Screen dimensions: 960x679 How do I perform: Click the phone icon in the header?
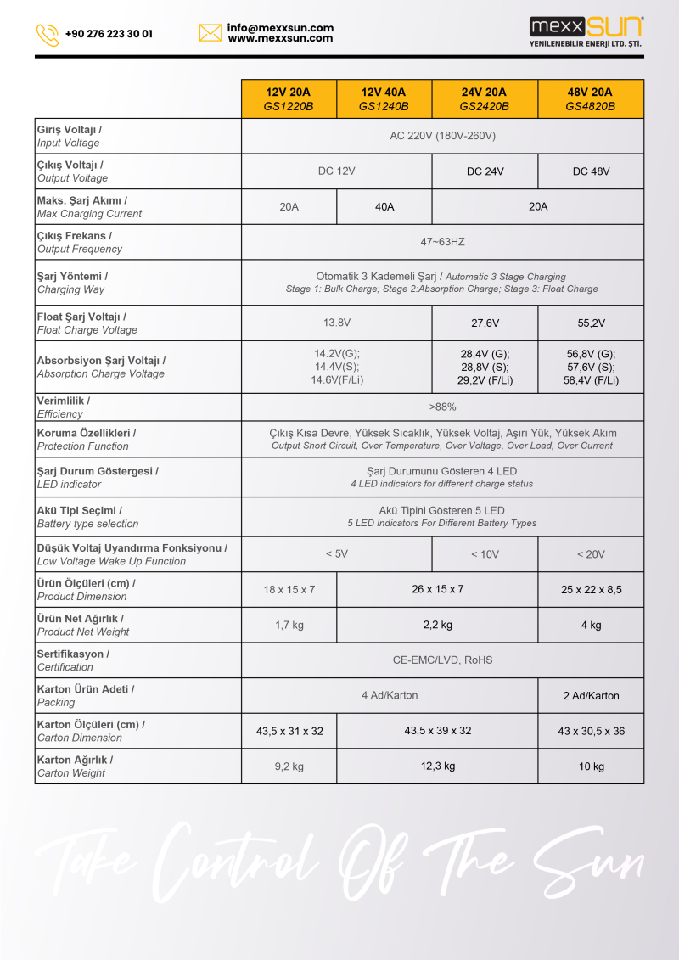(48, 35)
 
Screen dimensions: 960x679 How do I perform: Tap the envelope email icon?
(210, 33)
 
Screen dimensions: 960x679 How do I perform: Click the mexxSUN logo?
(586, 32)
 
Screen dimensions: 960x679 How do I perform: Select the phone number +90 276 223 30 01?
(109, 35)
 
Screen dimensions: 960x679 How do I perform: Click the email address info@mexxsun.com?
(280, 28)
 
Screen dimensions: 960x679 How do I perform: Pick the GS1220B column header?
(289, 99)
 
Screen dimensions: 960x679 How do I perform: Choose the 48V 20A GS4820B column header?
(590, 99)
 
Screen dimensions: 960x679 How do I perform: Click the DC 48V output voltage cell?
(591, 171)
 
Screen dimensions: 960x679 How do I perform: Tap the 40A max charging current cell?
(384, 206)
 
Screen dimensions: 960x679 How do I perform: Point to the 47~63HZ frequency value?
(442, 242)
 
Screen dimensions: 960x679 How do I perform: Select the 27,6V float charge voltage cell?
(485, 323)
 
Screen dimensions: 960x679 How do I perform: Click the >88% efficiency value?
(442, 407)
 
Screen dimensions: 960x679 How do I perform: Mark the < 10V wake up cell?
(485, 554)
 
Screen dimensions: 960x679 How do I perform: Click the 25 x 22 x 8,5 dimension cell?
(591, 590)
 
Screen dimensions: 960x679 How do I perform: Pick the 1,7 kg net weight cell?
(289, 625)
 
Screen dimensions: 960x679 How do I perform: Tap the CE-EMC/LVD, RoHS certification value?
(442, 660)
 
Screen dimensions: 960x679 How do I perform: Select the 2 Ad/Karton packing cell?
(591, 696)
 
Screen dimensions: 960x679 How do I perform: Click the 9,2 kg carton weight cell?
(289, 766)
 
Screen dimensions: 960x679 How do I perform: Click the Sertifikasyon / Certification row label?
(73, 660)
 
